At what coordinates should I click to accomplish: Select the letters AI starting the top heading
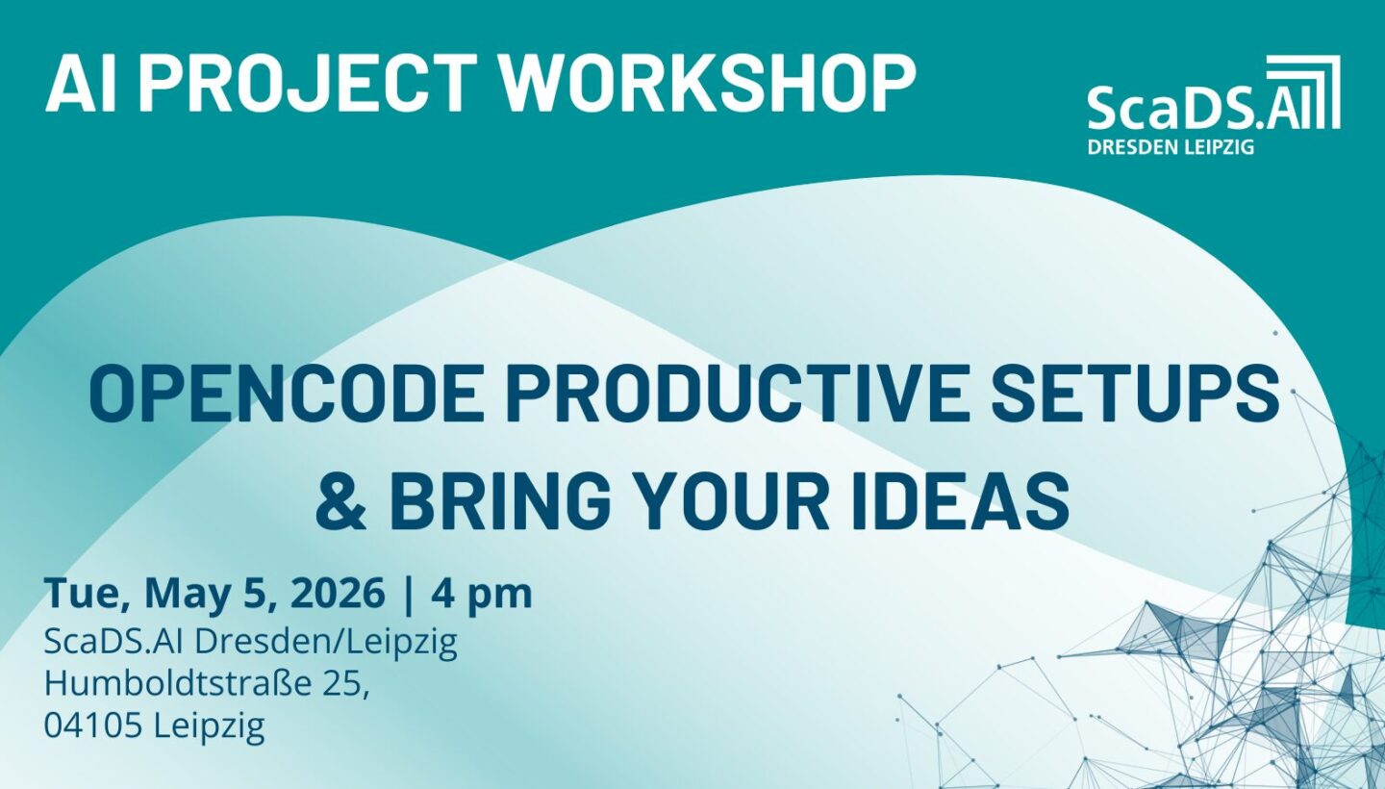tap(81, 82)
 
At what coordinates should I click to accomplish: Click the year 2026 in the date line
tap(338, 593)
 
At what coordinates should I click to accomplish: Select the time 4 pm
tap(482, 595)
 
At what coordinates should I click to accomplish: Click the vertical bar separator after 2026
tap(408, 595)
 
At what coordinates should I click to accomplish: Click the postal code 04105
tap(92, 725)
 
